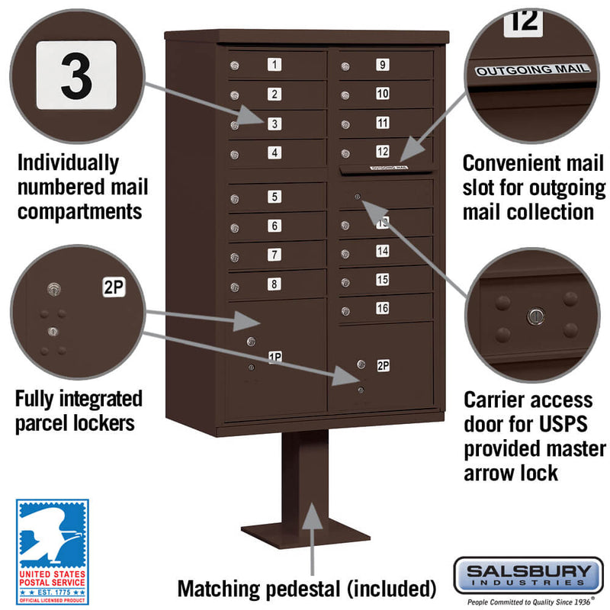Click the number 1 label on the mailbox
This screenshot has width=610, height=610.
point(274,65)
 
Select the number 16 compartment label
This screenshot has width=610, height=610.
point(382,308)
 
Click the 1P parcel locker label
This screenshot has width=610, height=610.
point(275,356)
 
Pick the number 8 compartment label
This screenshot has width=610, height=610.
point(274,284)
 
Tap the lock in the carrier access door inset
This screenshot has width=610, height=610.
point(535,315)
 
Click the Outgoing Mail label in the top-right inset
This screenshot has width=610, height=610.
point(533,69)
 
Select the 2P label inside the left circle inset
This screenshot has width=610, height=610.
point(113,287)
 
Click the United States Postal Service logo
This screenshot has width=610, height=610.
point(52,542)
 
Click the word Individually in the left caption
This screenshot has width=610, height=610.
point(68,162)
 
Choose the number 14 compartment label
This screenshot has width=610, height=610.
point(382,250)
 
